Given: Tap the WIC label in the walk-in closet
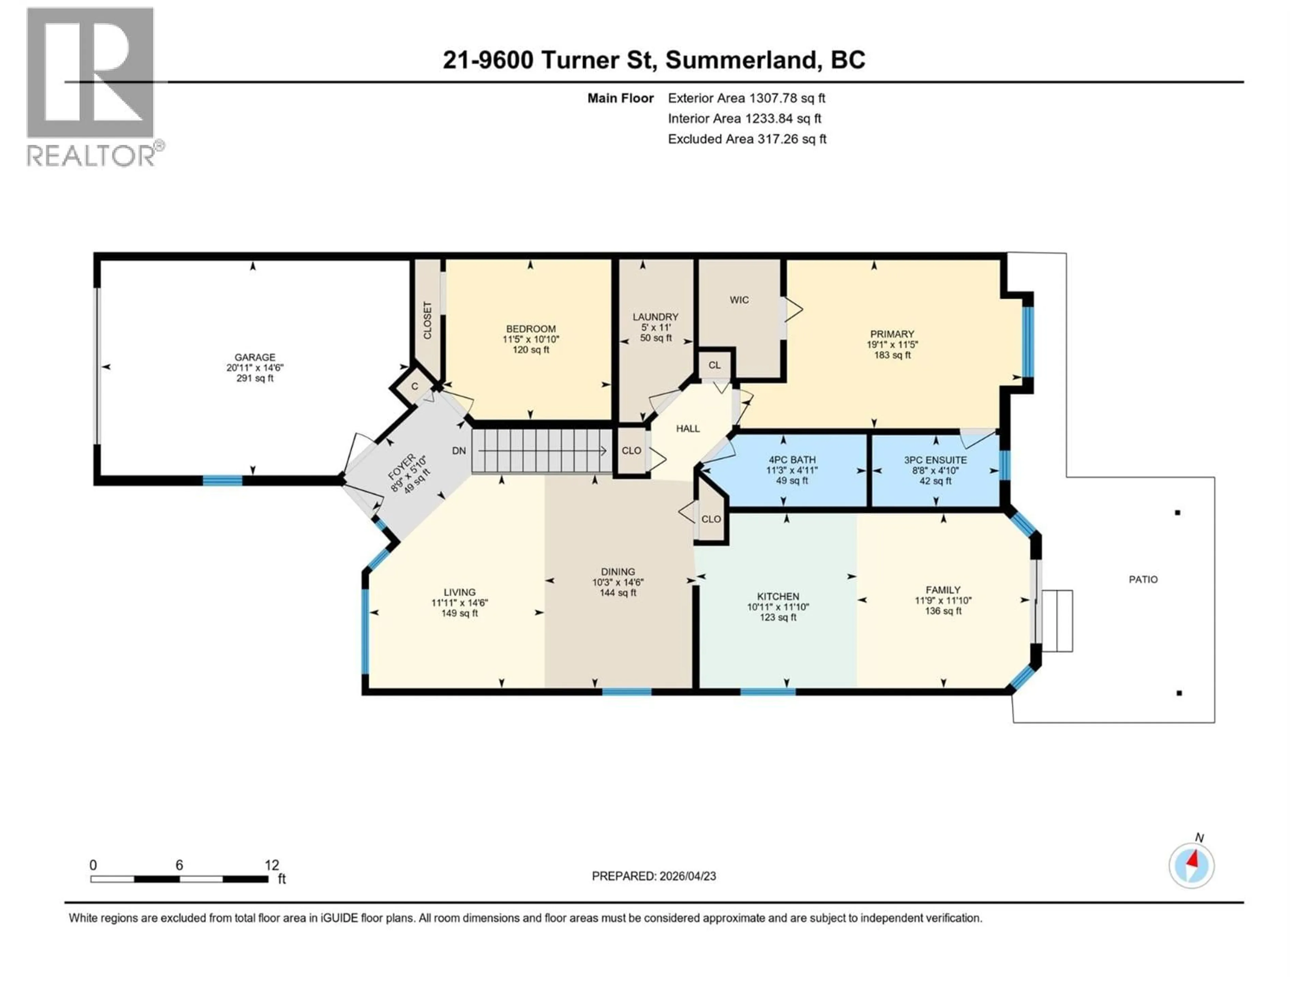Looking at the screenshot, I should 739,300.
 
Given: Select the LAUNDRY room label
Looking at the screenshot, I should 655,317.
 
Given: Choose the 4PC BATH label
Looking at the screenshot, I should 792,459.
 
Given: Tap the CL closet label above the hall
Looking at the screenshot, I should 714,365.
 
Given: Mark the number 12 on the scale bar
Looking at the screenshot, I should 272,865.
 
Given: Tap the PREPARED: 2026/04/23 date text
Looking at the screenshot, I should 653,876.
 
